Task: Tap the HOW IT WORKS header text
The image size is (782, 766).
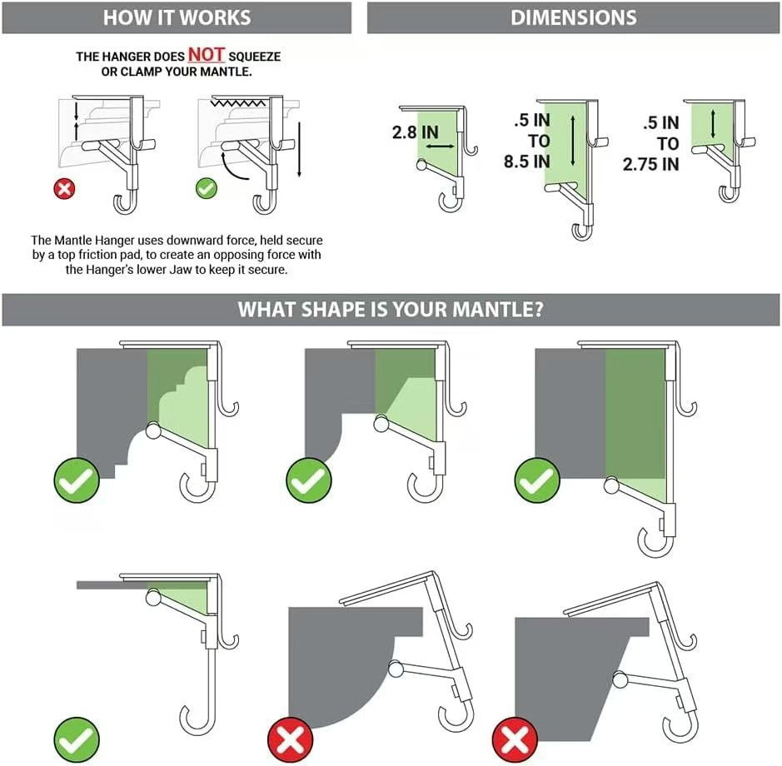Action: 176,17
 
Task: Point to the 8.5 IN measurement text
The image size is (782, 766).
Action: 528,161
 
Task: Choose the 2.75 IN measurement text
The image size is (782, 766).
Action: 650,164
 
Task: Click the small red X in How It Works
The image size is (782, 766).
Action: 64,188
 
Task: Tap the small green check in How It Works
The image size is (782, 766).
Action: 206,188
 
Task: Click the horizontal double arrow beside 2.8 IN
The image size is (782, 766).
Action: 439,145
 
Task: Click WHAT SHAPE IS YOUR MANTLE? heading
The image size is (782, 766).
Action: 391,310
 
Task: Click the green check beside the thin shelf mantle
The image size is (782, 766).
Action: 77,737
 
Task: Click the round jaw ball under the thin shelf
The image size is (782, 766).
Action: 152,595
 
